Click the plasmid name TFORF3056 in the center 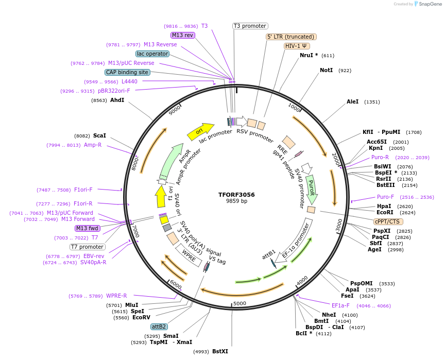tap(236, 195)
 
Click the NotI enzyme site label tap(326, 70)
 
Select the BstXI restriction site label tap(220, 351)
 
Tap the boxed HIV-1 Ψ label tap(297, 46)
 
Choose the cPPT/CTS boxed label tap(387, 221)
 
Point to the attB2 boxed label tap(159, 327)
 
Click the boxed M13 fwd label tap(88, 228)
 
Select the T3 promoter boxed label tap(250, 26)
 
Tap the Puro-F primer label tap(386, 197)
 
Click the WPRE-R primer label tap(116, 296)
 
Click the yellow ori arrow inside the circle tap(200, 131)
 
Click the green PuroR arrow tap(311, 188)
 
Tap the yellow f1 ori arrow tap(161, 196)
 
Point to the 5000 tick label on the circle tap(240, 304)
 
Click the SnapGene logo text tap(430, 4)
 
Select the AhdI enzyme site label tap(117, 100)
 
